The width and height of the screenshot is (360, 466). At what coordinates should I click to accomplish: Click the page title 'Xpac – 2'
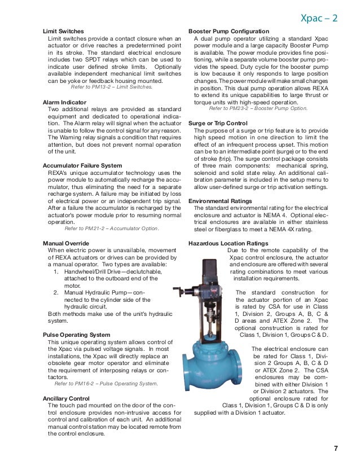click(x=319, y=18)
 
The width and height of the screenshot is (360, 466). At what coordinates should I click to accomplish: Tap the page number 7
click(x=336, y=449)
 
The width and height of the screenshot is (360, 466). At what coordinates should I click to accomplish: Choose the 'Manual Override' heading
click(x=66, y=244)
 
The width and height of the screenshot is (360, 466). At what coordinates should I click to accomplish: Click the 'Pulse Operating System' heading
click(x=76, y=335)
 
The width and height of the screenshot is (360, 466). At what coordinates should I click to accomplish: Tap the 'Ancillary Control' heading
click(x=67, y=398)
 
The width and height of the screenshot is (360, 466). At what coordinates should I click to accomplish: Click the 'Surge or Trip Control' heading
click(x=218, y=122)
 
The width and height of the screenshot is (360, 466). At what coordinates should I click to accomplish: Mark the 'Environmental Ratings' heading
click(x=220, y=201)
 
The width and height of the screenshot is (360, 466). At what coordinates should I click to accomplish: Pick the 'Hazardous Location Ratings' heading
click(x=228, y=244)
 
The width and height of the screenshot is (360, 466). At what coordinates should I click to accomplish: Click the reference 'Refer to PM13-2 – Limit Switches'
click(x=111, y=87)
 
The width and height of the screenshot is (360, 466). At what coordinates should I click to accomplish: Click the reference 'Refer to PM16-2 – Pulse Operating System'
click(x=102, y=384)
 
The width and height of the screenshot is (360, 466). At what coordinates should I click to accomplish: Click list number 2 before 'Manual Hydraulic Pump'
click(x=56, y=293)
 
